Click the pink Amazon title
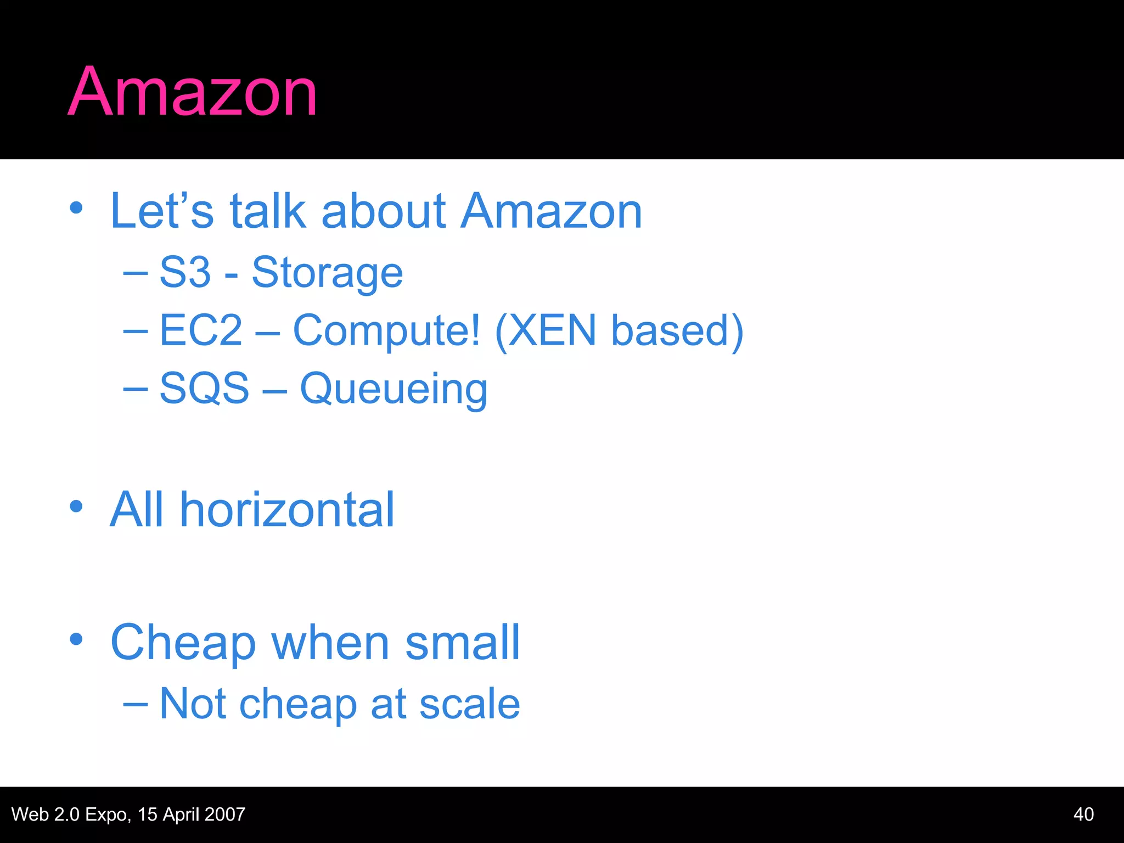pyautogui.click(x=192, y=92)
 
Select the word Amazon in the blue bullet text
pyautogui.click(x=551, y=211)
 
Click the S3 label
pyautogui.click(x=185, y=272)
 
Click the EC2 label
pyautogui.click(x=201, y=330)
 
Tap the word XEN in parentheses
pyautogui.click(x=552, y=330)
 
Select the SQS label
pyautogui.click(x=204, y=389)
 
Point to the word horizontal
pyautogui.click(x=287, y=510)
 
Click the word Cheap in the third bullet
pyautogui.click(x=183, y=643)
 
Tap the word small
pyautogui.click(x=462, y=643)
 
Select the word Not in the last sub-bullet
pyautogui.click(x=193, y=704)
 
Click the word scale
pyautogui.click(x=469, y=704)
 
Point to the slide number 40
pyautogui.click(x=1083, y=814)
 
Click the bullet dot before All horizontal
pyautogui.click(x=76, y=507)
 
